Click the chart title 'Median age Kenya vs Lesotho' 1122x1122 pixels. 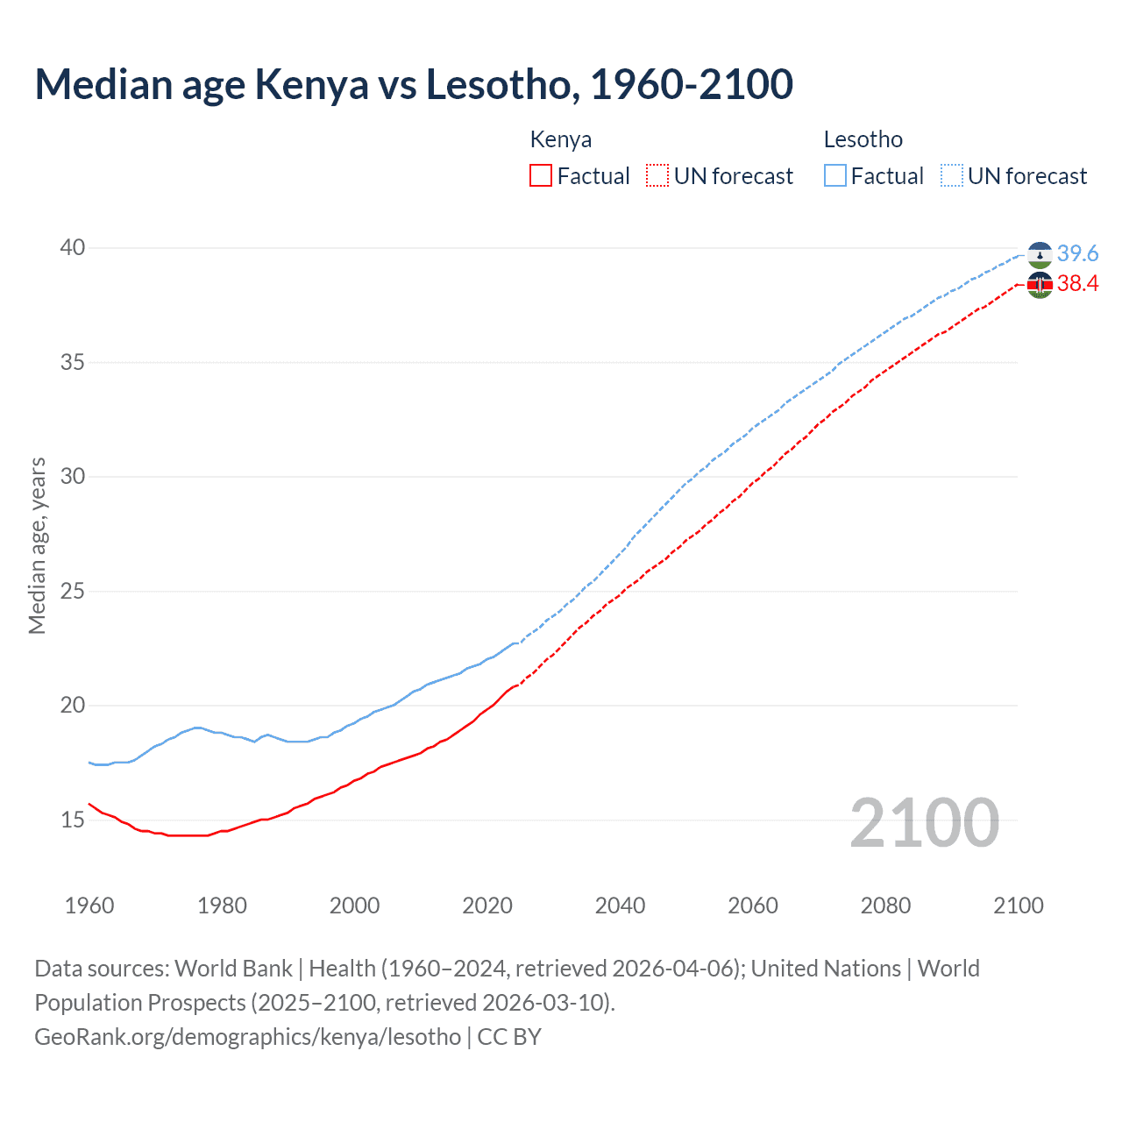pyautogui.click(x=414, y=85)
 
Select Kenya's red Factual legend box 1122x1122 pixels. pyautogui.click(x=541, y=176)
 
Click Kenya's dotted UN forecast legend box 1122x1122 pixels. pyautogui.click(x=657, y=176)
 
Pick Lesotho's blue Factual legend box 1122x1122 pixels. pyautogui.click(x=835, y=176)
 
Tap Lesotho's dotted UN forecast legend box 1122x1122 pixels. pyautogui.click(x=951, y=176)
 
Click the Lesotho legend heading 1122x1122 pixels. pyautogui.click(x=863, y=139)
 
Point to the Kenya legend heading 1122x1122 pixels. pyautogui.click(x=561, y=139)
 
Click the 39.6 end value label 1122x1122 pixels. pyautogui.click(x=1077, y=253)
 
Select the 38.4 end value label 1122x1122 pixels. pyautogui.click(x=1077, y=283)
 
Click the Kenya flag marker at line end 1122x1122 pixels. pyautogui.click(x=1040, y=285)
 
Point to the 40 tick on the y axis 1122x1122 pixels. pyautogui.click(x=73, y=248)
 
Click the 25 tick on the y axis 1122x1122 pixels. pyautogui.click(x=73, y=592)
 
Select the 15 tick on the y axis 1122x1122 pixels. pyautogui.click(x=73, y=820)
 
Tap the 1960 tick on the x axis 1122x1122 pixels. pyautogui.click(x=89, y=905)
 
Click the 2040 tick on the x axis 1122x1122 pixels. pyautogui.click(x=620, y=905)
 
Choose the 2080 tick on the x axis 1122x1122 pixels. pyautogui.click(x=885, y=905)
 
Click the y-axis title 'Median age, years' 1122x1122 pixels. pyautogui.click(x=37, y=545)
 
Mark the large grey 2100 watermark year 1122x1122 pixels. pyautogui.click(x=925, y=822)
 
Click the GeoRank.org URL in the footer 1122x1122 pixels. pyautogui.click(x=247, y=1037)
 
